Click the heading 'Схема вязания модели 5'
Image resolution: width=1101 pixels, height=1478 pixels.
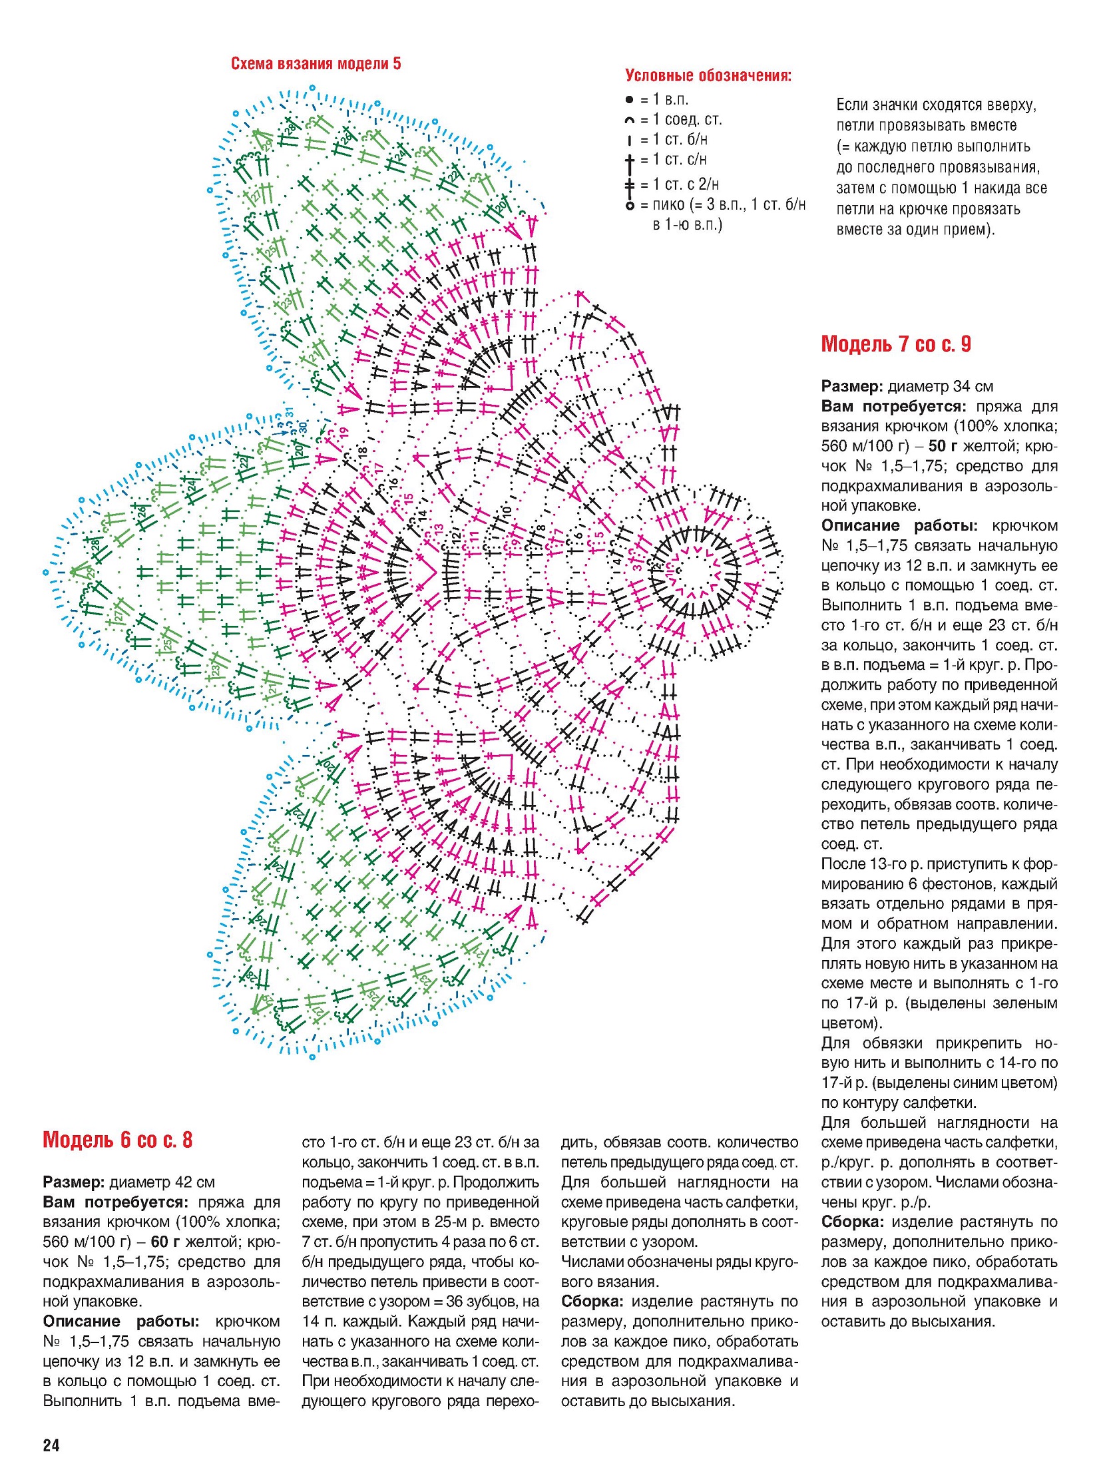(x=316, y=64)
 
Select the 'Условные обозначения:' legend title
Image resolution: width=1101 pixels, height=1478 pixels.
(x=708, y=75)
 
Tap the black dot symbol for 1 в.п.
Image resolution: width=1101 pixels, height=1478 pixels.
(x=629, y=100)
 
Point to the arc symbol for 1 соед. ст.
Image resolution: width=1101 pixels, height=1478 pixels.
(x=629, y=121)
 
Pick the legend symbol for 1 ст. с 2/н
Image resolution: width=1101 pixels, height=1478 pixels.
(x=629, y=184)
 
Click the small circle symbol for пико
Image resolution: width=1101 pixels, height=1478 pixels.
(x=629, y=205)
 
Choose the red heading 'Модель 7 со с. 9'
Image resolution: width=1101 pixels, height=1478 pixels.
(x=896, y=344)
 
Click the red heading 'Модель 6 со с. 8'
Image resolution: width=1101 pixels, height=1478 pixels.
(x=117, y=1140)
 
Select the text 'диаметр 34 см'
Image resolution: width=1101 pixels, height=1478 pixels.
(x=941, y=387)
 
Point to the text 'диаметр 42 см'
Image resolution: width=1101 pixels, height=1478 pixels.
(x=162, y=1182)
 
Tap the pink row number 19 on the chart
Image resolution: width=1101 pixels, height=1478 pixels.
(x=343, y=433)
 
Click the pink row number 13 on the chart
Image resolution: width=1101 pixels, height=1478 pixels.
(x=438, y=529)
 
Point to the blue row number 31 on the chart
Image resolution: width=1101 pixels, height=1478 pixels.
(x=290, y=412)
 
